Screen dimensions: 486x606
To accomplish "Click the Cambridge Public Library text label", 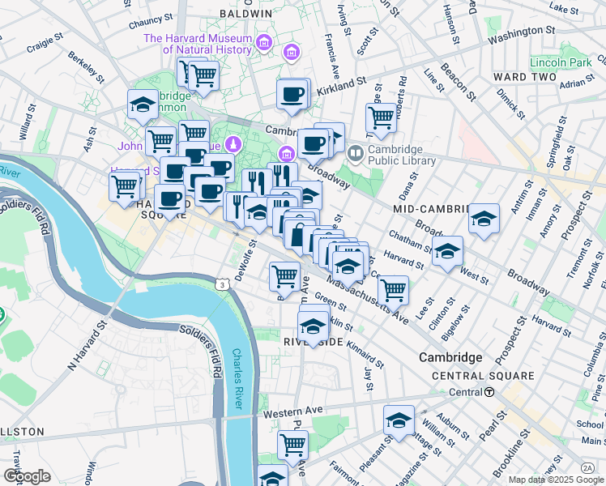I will click(402, 154).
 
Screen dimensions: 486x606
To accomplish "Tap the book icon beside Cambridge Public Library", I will click(355, 152).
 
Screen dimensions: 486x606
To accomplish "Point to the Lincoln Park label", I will click(559, 62).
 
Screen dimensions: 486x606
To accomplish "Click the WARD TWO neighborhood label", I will click(525, 77).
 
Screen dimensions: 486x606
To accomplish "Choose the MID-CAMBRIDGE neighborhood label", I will click(431, 209).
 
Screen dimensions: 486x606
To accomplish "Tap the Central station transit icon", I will click(489, 392).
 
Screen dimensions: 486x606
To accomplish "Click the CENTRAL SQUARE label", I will click(483, 376).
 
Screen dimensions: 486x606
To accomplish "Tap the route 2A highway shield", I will click(587, 467).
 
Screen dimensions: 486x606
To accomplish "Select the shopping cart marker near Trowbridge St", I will click(381, 117).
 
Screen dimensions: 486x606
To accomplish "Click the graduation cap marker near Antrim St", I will click(484, 220).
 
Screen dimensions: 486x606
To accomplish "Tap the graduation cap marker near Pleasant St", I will click(399, 421).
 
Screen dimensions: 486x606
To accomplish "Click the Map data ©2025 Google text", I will click(555, 480).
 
